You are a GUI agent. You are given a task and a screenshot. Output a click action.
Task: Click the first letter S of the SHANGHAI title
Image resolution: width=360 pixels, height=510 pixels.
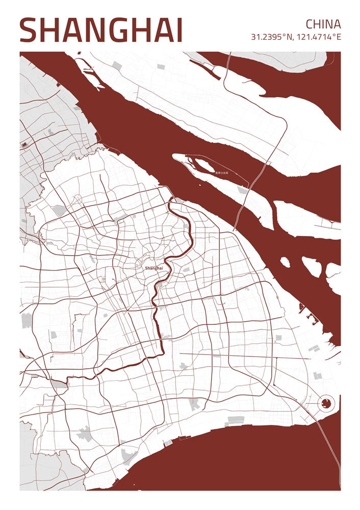coord(30,31)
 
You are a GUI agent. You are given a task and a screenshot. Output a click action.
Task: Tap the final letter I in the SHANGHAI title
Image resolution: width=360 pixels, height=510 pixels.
coord(178,31)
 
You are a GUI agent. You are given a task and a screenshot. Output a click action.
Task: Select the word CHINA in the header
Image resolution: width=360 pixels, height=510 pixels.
coord(323,24)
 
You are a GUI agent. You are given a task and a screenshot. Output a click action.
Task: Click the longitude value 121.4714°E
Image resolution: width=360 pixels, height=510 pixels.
coord(319,37)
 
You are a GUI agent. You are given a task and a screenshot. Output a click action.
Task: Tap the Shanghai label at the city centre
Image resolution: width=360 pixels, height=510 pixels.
coord(153,268)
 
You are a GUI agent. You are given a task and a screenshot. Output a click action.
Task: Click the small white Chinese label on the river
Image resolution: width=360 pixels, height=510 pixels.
coord(222,173)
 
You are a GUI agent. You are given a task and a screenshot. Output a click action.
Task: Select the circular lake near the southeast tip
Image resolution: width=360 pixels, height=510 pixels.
coord(325,405)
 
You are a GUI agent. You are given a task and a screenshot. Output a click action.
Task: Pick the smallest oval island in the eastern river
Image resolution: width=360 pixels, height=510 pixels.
coord(285,262)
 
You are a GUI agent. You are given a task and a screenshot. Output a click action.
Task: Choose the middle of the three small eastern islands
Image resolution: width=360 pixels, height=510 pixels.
coord(312,266)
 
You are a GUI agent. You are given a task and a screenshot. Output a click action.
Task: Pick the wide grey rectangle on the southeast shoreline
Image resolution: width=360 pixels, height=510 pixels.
coord(236,420)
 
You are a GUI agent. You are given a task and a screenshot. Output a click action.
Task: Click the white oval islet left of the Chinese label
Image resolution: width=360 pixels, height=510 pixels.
coord(202,165)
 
